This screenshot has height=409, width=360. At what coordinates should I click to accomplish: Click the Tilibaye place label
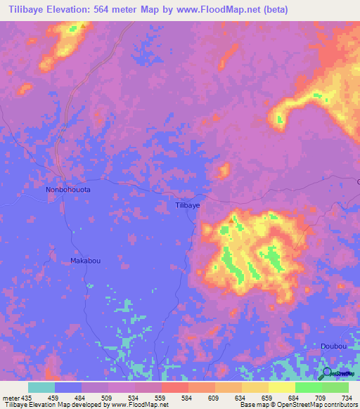(187, 205)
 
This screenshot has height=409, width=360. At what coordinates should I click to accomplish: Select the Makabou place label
(85, 261)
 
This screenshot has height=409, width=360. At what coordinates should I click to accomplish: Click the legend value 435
(26, 398)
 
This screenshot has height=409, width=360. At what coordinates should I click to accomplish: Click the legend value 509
(108, 398)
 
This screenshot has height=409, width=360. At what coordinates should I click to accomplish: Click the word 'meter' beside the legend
(10, 398)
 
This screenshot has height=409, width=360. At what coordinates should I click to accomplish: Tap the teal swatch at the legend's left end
(41, 387)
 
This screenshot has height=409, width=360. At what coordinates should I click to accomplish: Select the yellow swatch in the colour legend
(281, 387)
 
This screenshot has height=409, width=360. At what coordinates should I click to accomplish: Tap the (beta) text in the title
(273, 10)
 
